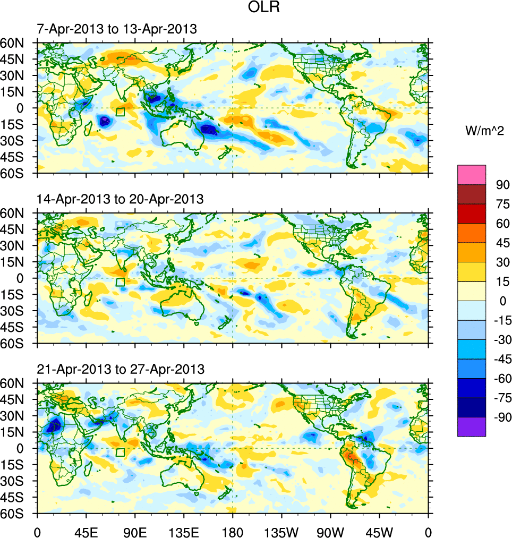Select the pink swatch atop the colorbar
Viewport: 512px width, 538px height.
pyautogui.click(x=472, y=174)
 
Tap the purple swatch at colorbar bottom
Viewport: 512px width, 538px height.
pyautogui.click(x=472, y=426)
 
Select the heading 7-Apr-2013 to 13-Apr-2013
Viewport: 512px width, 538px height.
pyautogui.click(x=117, y=29)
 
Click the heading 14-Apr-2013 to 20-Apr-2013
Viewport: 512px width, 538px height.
pyautogui.click(x=120, y=199)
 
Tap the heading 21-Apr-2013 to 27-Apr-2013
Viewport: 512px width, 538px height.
pyautogui.click(x=120, y=369)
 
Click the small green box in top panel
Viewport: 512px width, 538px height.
pyautogui.click(x=120, y=112)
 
